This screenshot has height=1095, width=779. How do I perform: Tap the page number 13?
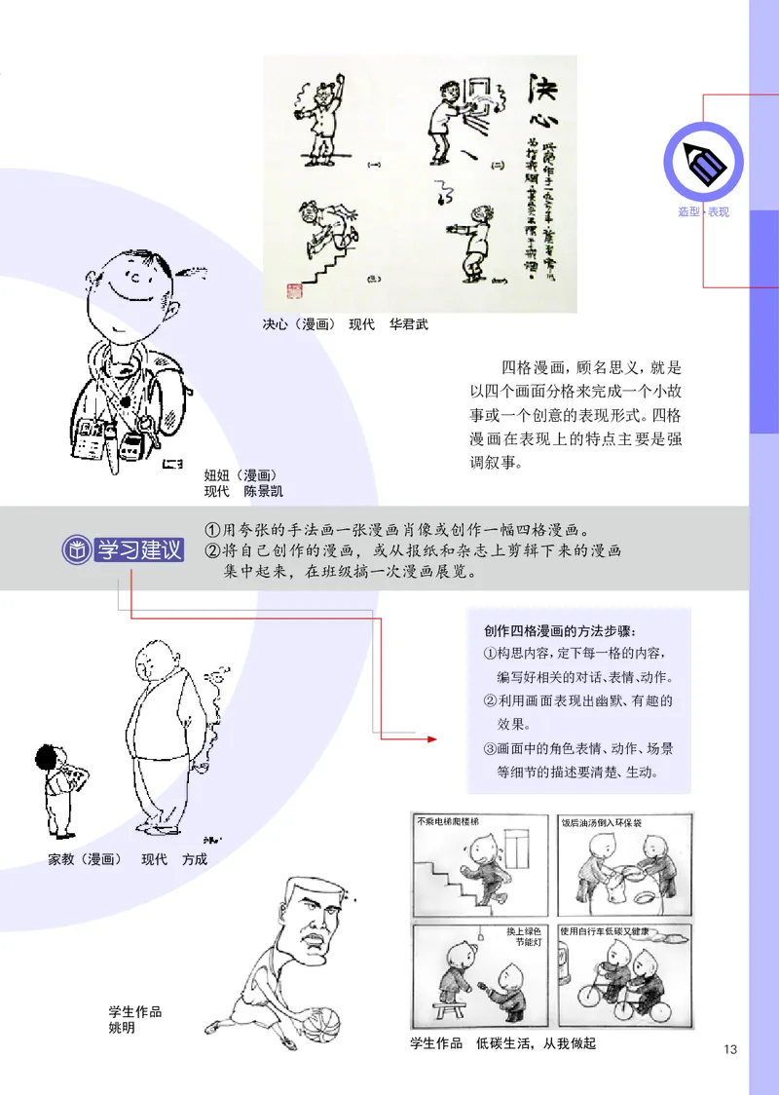click(731, 1049)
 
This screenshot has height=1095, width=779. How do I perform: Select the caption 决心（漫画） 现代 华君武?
click(345, 324)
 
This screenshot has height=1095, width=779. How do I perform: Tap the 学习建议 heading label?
click(139, 549)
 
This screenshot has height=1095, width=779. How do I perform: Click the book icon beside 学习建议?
click(76, 549)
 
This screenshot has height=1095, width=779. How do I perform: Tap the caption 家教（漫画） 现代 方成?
click(128, 859)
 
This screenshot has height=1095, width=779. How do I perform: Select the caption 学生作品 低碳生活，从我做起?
click(502, 1043)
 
